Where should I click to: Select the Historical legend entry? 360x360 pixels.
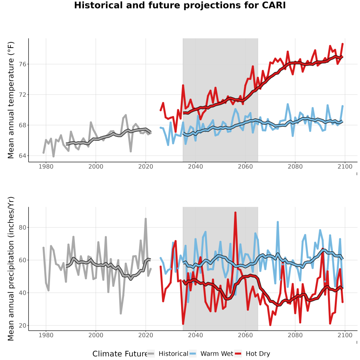[168, 354]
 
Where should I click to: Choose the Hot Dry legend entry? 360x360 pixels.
[252, 354]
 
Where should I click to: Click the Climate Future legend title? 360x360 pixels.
[120, 354]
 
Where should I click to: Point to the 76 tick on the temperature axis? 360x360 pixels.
[22, 64]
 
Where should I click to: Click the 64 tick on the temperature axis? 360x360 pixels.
[22, 156]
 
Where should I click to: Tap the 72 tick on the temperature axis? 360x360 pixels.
[22, 94]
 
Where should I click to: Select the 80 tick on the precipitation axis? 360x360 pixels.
[22, 227]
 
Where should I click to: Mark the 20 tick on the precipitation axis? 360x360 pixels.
[22, 326]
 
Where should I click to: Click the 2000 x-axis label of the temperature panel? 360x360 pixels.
[96, 167]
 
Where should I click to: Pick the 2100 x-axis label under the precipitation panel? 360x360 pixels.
[345, 335]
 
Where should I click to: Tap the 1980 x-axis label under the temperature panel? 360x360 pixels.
[46, 167]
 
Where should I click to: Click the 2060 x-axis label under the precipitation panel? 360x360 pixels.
[245, 335]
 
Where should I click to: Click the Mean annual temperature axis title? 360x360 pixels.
[11, 100]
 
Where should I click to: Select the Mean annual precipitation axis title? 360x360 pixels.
[11, 269]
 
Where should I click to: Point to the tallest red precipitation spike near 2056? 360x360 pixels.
[235, 213]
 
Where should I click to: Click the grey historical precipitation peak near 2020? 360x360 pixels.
[146, 219]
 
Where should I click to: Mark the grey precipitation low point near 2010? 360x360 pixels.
[121, 313]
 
